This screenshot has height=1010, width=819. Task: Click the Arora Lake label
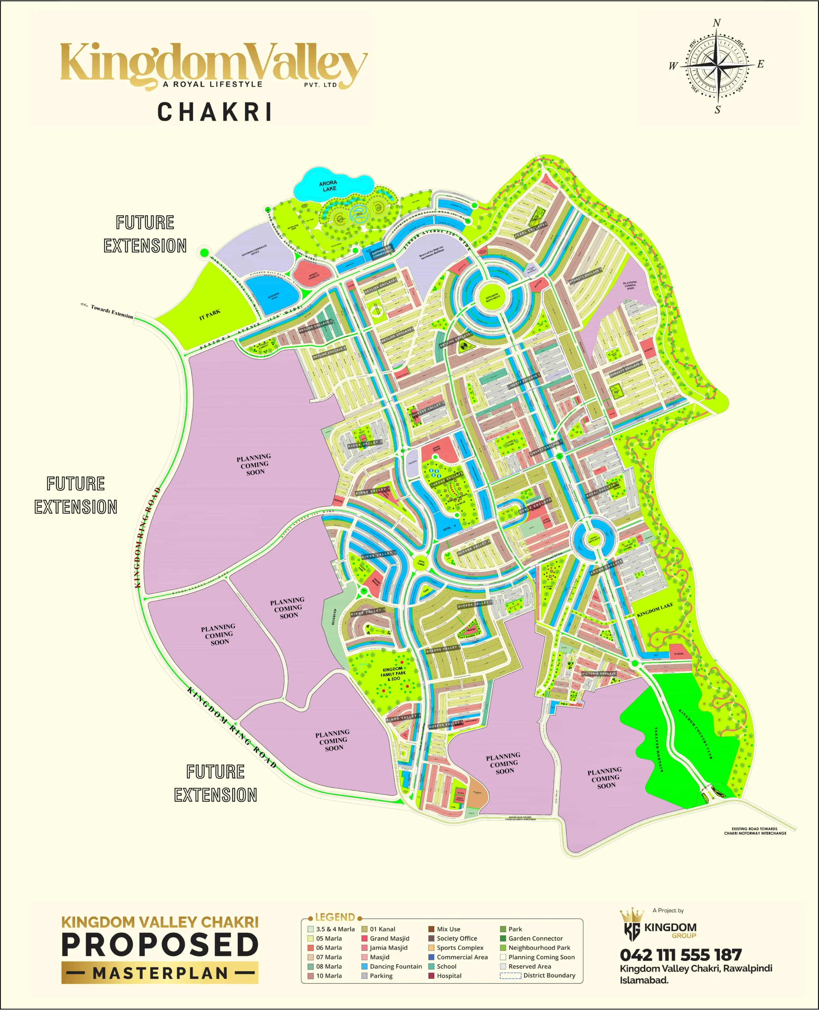point(328,186)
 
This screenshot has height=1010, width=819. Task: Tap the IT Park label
point(209,315)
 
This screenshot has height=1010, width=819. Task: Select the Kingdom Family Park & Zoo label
point(393,673)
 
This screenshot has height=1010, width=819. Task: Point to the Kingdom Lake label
point(655,610)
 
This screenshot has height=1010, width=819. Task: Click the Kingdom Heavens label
point(658,749)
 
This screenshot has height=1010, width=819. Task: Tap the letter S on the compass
point(718,110)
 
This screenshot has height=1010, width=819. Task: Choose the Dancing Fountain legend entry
point(395,966)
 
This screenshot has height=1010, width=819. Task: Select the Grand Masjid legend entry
point(389,938)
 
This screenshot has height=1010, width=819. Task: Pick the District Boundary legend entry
point(549,975)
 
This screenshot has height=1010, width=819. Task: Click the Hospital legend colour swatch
point(431,976)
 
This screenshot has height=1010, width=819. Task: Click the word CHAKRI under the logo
point(215,112)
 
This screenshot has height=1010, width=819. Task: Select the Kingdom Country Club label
point(696,733)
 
